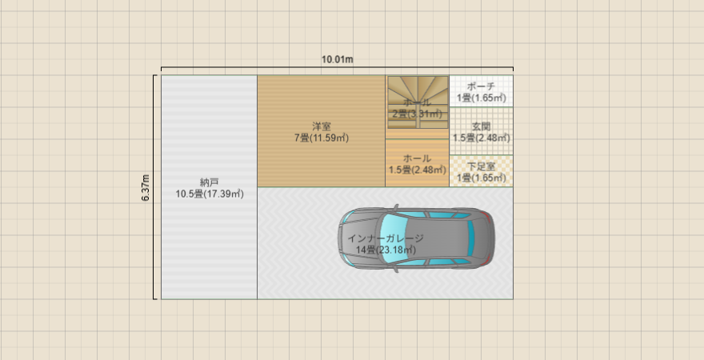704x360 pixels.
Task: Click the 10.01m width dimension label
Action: [338, 59]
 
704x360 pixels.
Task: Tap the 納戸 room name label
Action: [210, 182]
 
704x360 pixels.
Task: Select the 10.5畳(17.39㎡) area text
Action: [210, 194]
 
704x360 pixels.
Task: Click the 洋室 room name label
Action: [322, 126]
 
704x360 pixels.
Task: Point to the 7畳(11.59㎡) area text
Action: [322, 138]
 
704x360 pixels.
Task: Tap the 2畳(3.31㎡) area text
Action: [417, 114]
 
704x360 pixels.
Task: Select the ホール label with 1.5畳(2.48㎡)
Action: [417, 158]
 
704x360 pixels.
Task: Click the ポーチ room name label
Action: [482, 86]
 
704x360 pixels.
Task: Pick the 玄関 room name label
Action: [482, 126]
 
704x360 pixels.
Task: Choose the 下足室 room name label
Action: [482, 166]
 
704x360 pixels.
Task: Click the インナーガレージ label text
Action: [386, 238]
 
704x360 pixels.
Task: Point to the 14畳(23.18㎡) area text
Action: [386, 250]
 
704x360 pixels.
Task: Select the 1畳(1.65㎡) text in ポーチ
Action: [482, 98]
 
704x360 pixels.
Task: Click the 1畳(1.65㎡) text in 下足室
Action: [482, 178]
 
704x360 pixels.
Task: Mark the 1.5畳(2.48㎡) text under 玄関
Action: [482, 138]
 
